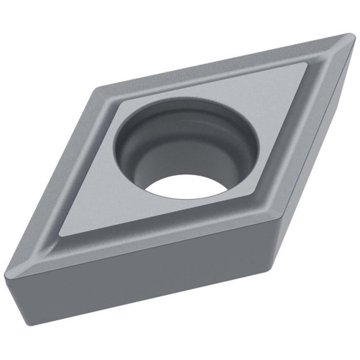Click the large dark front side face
[x=144, y=284]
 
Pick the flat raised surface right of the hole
[x=274, y=119]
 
